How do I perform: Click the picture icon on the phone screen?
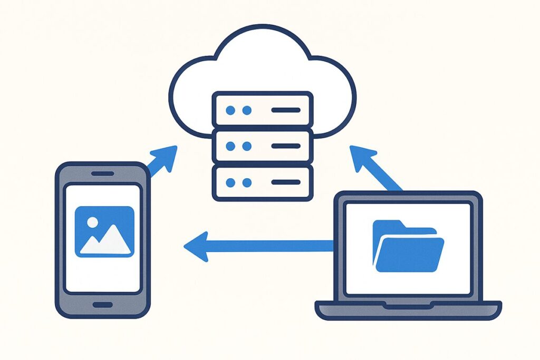tap(104, 231)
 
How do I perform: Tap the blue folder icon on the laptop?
tap(408, 247)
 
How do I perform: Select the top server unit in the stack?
tap(262, 110)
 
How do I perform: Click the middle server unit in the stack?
tap(262, 147)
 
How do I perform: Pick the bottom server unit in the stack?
tap(262, 182)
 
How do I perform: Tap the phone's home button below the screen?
tap(102, 305)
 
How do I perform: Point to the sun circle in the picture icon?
tap(92, 222)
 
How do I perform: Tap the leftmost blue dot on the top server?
tap(229, 110)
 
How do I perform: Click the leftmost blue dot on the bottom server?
tap(229, 182)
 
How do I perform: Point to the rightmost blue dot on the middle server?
tap(246, 147)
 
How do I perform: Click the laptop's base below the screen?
tap(408, 310)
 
